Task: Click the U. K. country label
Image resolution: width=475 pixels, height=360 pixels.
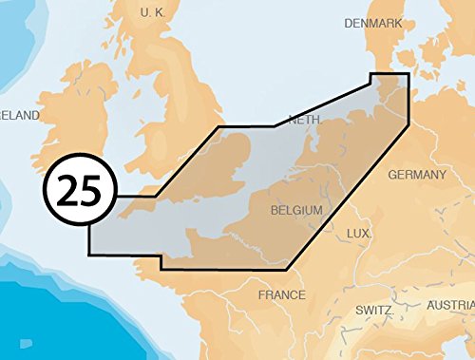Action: [x=153, y=12]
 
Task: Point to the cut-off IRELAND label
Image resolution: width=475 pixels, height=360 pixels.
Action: [x=19, y=115]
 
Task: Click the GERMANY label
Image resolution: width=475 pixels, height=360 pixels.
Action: [x=416, y=175]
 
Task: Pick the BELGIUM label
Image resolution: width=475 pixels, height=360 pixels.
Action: [x=297, y=210]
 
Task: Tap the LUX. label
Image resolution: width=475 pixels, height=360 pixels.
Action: [x=358, y=234]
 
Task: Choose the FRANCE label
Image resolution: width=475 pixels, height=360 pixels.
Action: [x=281, y=295]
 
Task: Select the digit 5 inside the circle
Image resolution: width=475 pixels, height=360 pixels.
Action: [x=91, y=190]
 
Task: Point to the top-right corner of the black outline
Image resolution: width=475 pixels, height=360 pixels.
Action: [x=408, y=73]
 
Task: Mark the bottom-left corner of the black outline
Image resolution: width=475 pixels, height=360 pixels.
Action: [x=89, y=255]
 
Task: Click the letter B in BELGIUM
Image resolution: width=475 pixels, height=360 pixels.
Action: [x=275, y=210]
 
